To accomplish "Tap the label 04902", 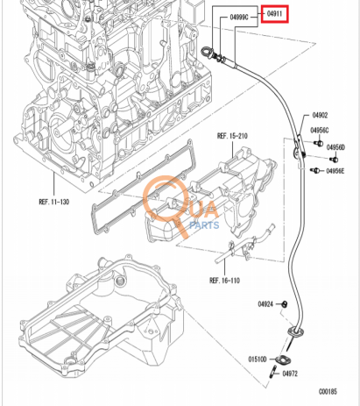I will pyautogui.click(x=320, y=116).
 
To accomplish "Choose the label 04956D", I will pyautogui.click(x=336, y=146).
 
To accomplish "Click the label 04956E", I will pyautogui.click(x=336, y=172).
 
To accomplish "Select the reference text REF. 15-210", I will pyautogui.click(x=233, y=136).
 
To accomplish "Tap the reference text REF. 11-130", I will pyautogui.click(x=54, y=201).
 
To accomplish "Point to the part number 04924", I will pyautogui.click(x=265, y=303).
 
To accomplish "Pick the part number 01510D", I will pyautogui.click(x=258, y=359).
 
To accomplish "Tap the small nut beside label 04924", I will pyautogui.click(x=285, y=303).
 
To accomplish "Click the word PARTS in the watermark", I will pyautogui.click(x=205, y=224).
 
